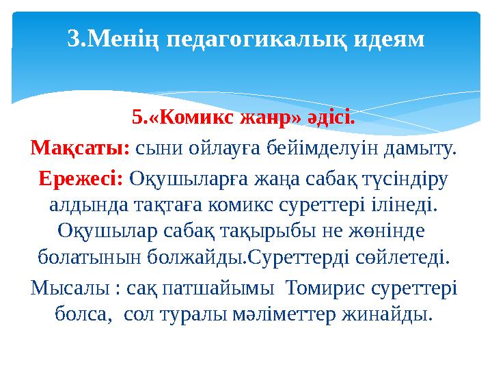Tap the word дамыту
point(420,148)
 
